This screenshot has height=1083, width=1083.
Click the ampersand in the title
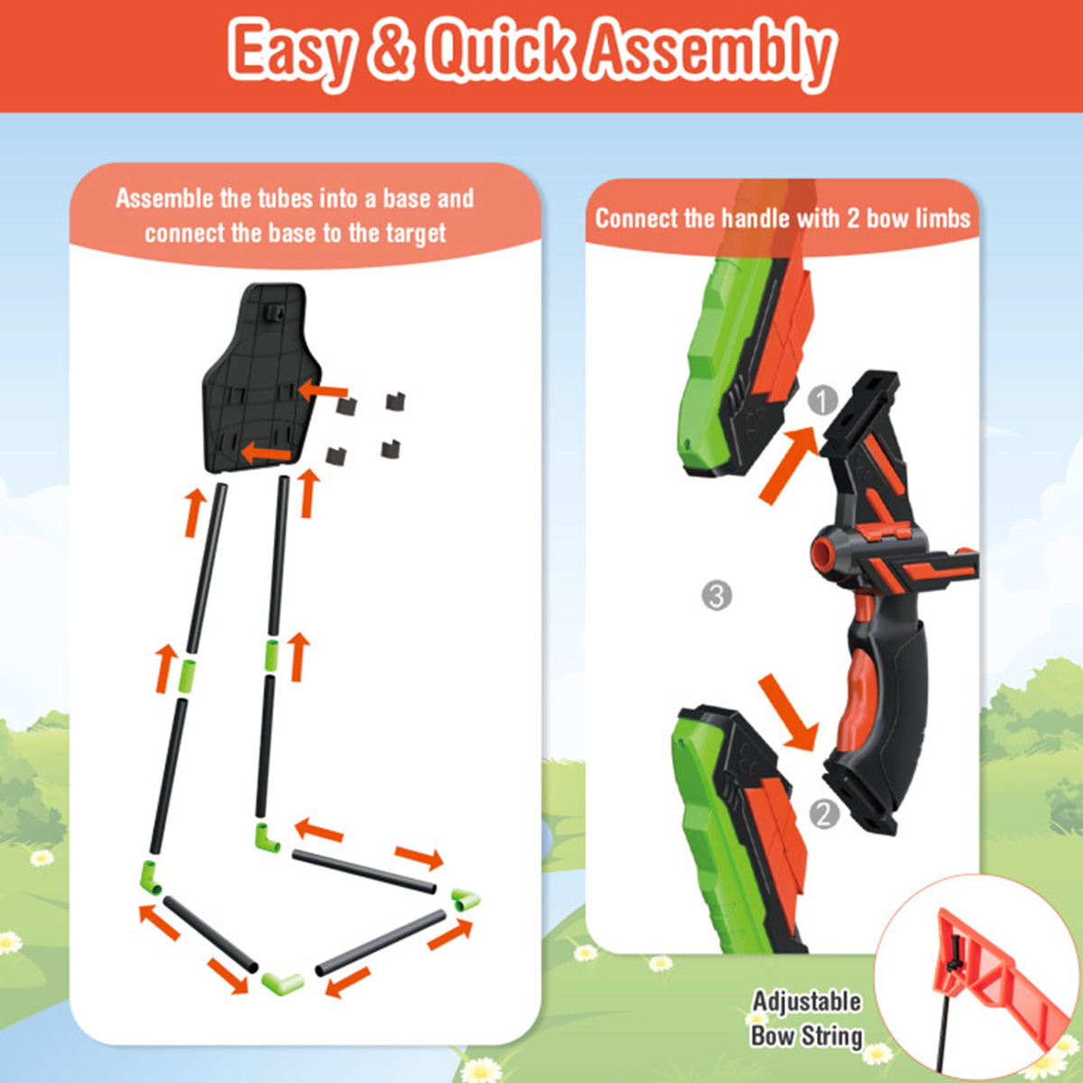click(x=390, y=52)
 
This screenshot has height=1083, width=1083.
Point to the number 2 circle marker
click(x=824, y=814)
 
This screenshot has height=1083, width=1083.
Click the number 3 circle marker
click(x=717, y=596)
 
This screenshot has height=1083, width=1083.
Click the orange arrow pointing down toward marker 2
click(x=787, y=711)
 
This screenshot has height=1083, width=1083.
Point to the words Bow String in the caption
click(x=807, y=1034)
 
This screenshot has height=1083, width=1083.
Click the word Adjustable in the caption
click(x=807, y=1002)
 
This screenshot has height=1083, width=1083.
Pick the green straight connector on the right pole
click(x=272, y=655)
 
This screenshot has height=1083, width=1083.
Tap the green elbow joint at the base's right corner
click(x=466, y=899)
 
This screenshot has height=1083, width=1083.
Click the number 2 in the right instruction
click(x=853, y=218)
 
